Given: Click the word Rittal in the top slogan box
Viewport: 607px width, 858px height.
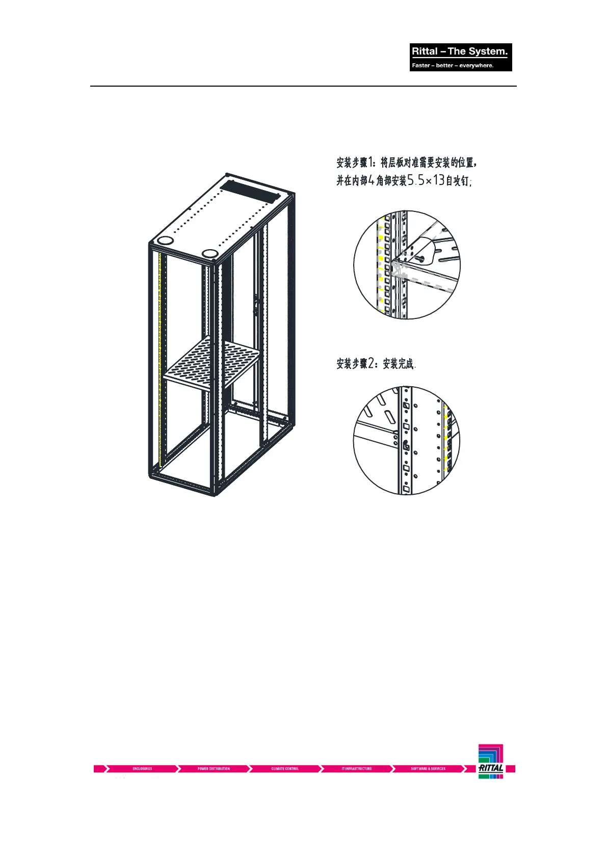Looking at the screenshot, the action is pyautogui.click(x=425, y=51).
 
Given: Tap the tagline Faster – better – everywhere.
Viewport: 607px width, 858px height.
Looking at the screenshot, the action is pyautogui.click(x=453, y=65).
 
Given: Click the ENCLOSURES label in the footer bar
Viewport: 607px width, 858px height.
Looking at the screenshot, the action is pyautogui.click(x=142, y=768).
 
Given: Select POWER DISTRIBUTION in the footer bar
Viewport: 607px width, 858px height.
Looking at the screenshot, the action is pyautogui.click(x=214, y=768).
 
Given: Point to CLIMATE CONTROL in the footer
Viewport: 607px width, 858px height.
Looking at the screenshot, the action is pyautogui.click(x=285, y=768).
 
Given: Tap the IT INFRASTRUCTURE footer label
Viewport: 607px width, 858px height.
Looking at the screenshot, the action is pyautogui.click(x=356, y=768).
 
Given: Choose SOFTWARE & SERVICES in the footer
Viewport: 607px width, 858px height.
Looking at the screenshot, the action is pyautogui.click(x=428, y=768).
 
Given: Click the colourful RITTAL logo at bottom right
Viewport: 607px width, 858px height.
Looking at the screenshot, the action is pyautogui.click(x=491, y=761).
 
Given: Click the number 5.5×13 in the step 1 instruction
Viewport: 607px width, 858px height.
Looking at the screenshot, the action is pyautogui.click(x=426, y=180).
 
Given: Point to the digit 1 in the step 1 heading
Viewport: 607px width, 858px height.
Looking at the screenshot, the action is pyautogui.click(x=371, y=163).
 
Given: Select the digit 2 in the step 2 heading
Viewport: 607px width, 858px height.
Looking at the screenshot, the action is pyautogui.click(x=371, y=363).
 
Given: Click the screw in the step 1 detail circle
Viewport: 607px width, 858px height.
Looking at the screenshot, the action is pyautogui.click(x=420, y=259).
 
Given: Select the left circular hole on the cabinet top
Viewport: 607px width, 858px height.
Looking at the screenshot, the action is pyautogui.click(x=165, y=240).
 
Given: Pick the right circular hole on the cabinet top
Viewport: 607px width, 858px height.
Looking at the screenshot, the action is pyautogui.click(x=209, y=253).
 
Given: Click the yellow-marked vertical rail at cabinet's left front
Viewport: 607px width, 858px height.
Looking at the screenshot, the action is pyautogui.click(x=160, y=357).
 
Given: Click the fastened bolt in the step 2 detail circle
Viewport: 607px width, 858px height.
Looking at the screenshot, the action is pyautogui.click(x=406, y=445).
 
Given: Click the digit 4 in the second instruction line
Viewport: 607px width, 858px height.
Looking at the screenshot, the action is pyautogui.click(x=371, y=180).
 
